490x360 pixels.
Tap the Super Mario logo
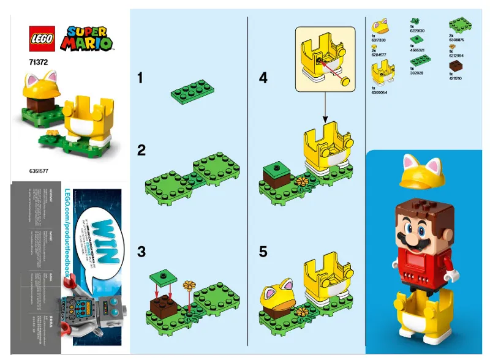tap(88, 38)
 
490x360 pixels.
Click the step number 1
tap(141, 78)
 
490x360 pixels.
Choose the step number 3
tap(141, 250)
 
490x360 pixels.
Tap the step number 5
tap(263, 250)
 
